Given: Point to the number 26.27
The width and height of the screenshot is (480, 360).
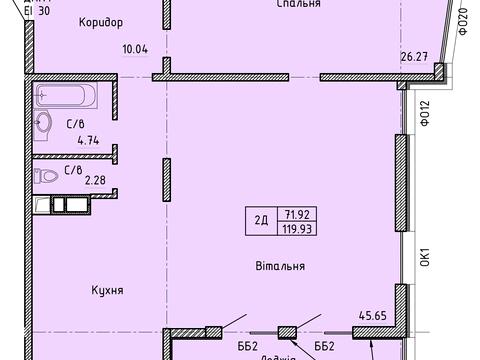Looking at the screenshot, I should point(414,56).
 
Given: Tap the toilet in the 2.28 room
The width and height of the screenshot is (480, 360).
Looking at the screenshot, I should point(46,176).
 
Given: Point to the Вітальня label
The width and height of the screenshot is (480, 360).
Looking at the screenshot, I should point(280,266).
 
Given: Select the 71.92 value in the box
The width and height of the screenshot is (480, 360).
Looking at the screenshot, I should point(295,213).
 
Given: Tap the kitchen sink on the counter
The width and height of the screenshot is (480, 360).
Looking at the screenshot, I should point(62,205).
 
